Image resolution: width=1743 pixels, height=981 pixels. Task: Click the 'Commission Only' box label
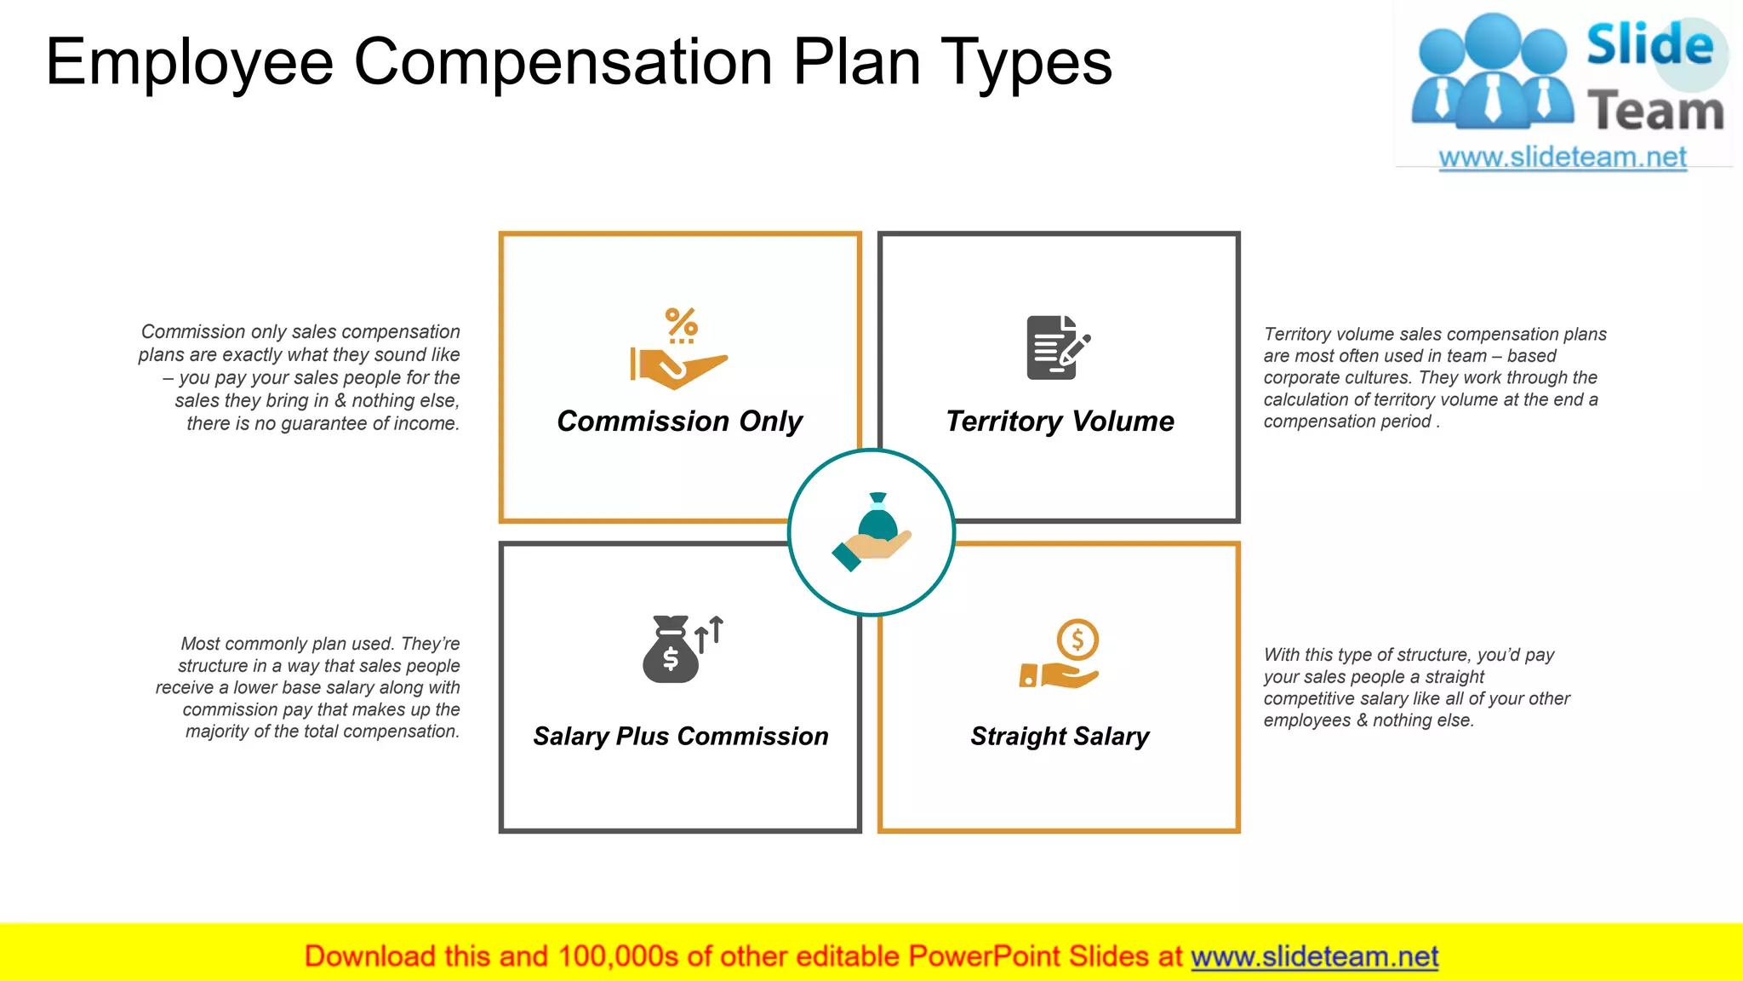(679, 422)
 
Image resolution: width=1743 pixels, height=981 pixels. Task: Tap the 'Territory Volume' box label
(1060, 422)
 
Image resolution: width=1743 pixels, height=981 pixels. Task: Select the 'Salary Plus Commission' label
(680, 736)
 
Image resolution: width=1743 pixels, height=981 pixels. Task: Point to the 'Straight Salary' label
(1060, 736)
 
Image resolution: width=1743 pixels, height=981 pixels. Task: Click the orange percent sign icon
(681, 324)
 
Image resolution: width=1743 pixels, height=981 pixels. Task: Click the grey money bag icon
(671, 651)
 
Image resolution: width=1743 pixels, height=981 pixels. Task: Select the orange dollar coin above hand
(1077, 640)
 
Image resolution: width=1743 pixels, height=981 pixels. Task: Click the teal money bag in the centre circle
(877, 519)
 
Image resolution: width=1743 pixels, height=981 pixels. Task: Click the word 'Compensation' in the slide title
(563, 62)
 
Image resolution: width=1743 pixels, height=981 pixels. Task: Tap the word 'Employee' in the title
(189, 62)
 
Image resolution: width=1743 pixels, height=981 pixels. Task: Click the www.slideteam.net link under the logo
(1562, 158)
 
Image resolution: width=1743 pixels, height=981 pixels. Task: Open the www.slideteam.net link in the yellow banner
(1314, 957)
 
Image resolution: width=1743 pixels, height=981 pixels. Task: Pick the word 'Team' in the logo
(1655, 112)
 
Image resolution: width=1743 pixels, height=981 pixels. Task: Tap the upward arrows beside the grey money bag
(709, 634)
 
